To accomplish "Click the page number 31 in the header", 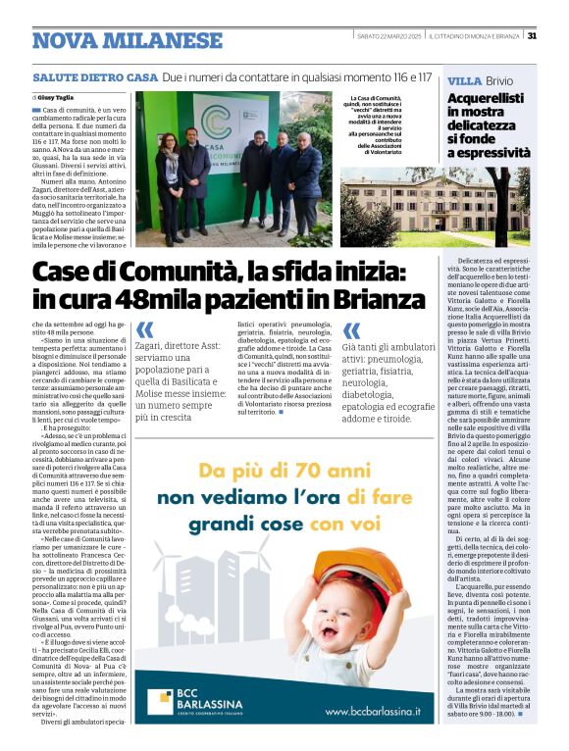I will pyautogui.click(x=531, y=36).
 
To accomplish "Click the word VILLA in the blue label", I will pyautogui.click(x=463, y=79).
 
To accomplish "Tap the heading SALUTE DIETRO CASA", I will pyautogui.click(x=94, y=76).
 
